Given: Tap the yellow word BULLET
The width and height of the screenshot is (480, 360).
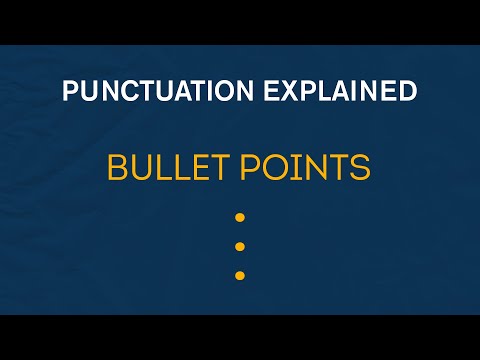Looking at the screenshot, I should tap(165, 168).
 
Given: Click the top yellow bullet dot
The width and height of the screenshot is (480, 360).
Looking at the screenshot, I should tap(239, 217).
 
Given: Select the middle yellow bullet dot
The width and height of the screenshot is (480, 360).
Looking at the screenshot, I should tap(239, 246).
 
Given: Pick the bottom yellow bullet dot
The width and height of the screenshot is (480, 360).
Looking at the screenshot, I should tap(239, 275).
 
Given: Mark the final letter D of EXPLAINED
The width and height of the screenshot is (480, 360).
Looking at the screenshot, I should tap(406, 91).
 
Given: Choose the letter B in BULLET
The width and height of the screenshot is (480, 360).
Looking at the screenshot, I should tap(117, 168).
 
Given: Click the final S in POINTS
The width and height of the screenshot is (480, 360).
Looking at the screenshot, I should tap(360, 168).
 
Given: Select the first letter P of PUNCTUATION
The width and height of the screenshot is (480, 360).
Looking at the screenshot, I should tap(70, 91).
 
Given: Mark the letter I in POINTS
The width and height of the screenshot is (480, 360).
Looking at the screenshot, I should tap(299, 168).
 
